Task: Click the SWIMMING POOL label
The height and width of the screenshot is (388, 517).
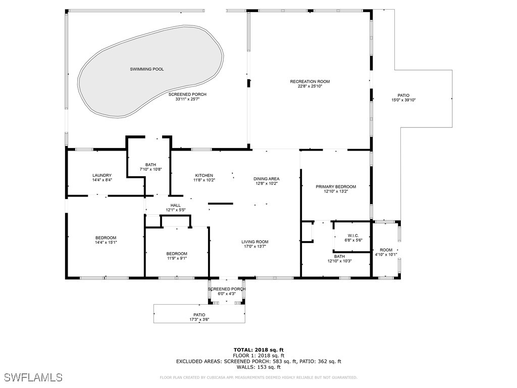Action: point(147,69)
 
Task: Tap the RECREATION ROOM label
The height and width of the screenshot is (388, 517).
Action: point(309,81)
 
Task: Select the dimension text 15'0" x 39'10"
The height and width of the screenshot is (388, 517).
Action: point(403,100)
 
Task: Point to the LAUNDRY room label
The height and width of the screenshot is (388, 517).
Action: point(102,175)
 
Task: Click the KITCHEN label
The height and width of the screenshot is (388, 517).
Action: point(204,175)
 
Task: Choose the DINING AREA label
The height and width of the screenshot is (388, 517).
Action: point(266,179)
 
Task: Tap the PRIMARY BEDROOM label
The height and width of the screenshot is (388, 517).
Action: point(336,186)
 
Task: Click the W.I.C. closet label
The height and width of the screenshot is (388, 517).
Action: point(353,235)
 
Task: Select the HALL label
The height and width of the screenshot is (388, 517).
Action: point(176,205)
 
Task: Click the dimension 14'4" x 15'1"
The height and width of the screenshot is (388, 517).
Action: point(106,243)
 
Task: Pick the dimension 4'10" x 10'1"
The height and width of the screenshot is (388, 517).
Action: point(386,255)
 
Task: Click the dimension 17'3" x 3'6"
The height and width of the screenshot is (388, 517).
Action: point(199,319)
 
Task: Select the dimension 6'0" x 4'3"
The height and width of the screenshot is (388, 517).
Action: point(227,294)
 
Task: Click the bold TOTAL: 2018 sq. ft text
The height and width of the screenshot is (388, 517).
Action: point(258,350)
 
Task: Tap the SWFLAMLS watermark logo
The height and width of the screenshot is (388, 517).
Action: point(33,377)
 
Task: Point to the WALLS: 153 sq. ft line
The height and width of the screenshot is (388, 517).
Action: point(258,367)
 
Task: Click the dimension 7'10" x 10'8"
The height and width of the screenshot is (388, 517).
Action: point(150,169)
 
